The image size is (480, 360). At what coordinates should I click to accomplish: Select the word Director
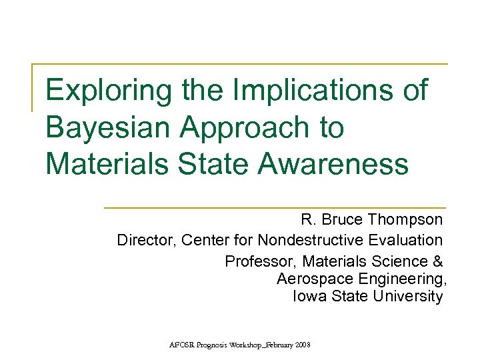click(x=143, y=239)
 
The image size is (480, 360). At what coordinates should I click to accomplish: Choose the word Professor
click(x=257, y=261)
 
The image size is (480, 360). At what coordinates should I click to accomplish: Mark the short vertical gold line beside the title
click(x=33, y=87)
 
